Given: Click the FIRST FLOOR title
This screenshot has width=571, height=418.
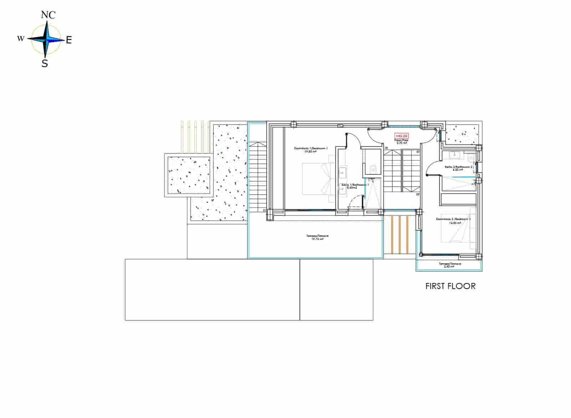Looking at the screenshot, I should (x=450, y=286).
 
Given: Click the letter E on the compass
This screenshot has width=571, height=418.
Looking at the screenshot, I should (x=69, y=40).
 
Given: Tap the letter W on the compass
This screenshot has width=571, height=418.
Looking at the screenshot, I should (x=21, y=38).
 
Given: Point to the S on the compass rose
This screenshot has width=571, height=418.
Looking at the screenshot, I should (x=45, y=64).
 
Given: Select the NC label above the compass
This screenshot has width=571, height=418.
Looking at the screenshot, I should (x=48, y=15).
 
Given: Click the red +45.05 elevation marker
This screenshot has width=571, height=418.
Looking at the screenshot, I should (x=401, y=136).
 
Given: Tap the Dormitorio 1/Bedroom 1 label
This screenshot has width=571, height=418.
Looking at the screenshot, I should (x=310, y=148).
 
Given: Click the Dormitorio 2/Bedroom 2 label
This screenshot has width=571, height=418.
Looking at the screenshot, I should (x=453, y=219).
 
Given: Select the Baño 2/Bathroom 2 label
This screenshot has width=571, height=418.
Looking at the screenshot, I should (x=458, y=167).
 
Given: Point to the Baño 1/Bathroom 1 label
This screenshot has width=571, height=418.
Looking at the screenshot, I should (x=355, y=185).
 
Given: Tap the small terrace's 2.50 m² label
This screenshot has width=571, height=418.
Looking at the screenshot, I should (x=449, y=267).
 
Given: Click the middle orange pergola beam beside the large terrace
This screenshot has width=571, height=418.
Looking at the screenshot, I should (x=400, y=234).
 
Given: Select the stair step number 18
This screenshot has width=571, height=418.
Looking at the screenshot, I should (x=386, y=147).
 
